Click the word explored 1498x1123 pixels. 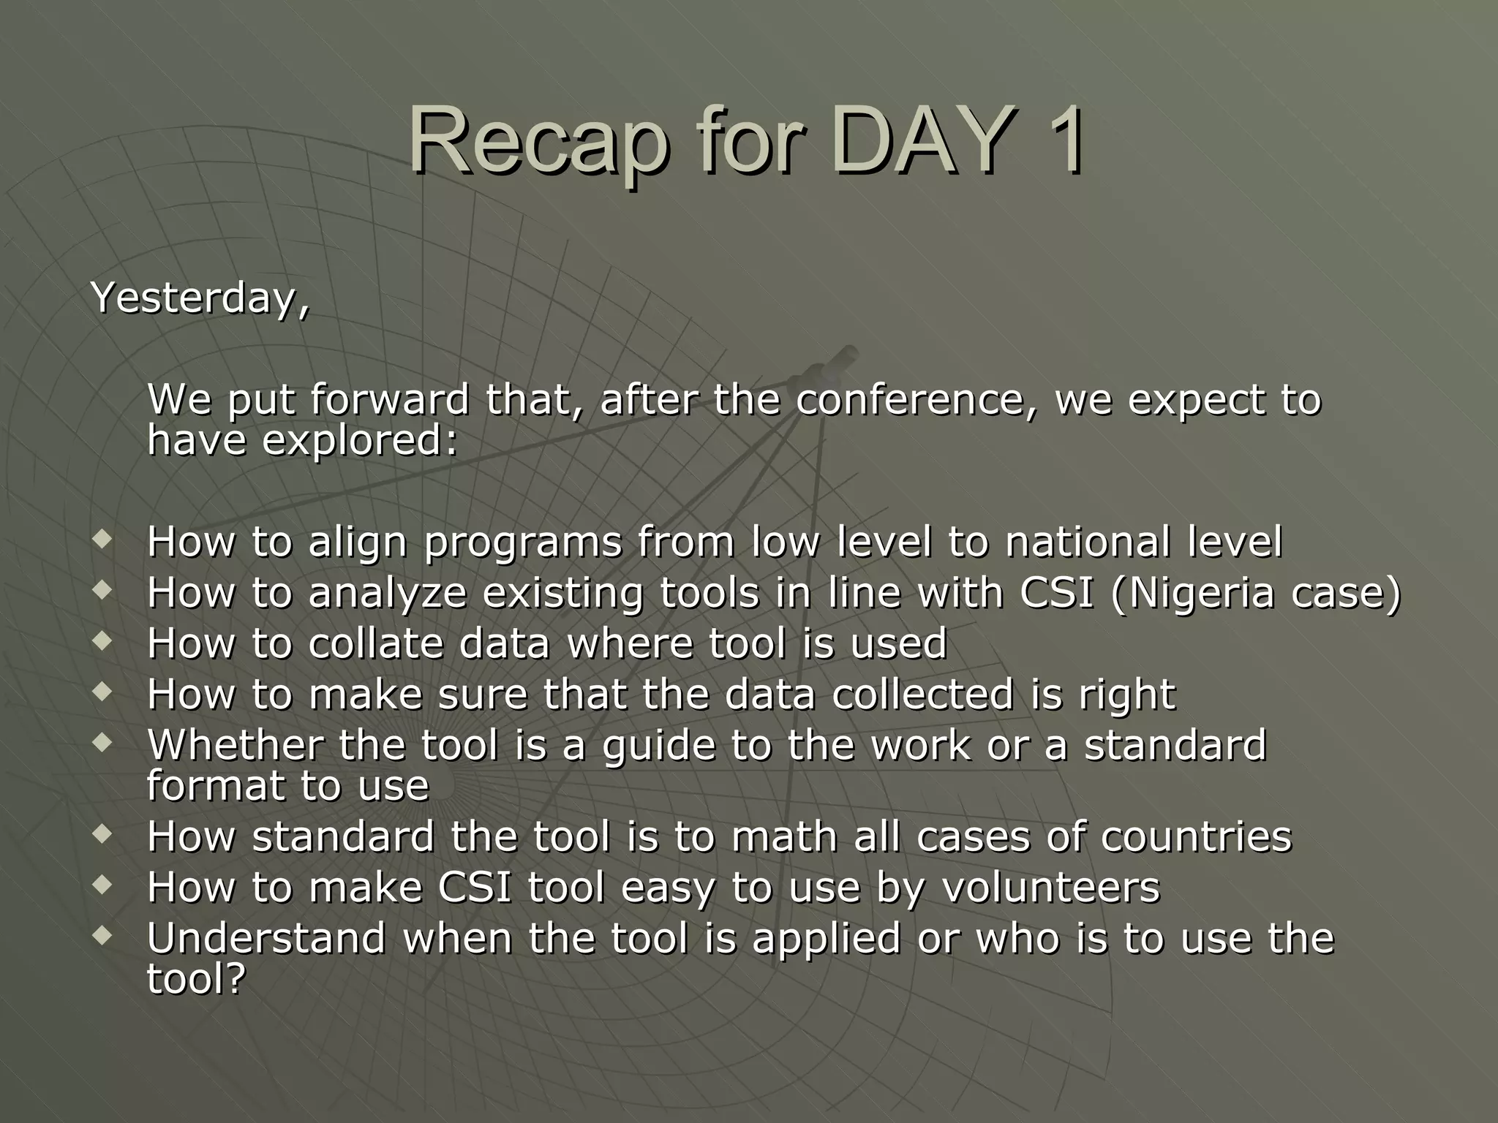point(359,440)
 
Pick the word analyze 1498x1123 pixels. point(388,593)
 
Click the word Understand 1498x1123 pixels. point(266,938)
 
